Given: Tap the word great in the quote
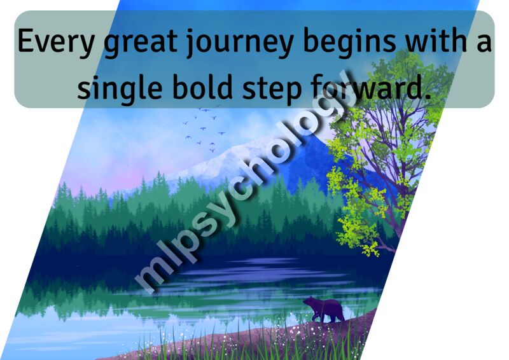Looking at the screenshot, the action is pyautogui.click(x=140, y=43).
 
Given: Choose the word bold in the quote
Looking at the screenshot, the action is pyautogui.click(x=202, y=86).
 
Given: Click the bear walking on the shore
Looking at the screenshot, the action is pyautogui.click(x=324, y=309).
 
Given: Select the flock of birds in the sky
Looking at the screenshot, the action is pyautogui.click(x=204, y=128).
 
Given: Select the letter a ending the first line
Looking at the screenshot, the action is pyautogui.click(x=484, y=45).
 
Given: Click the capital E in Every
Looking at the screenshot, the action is pyautogui.click(x=25, y=41).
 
